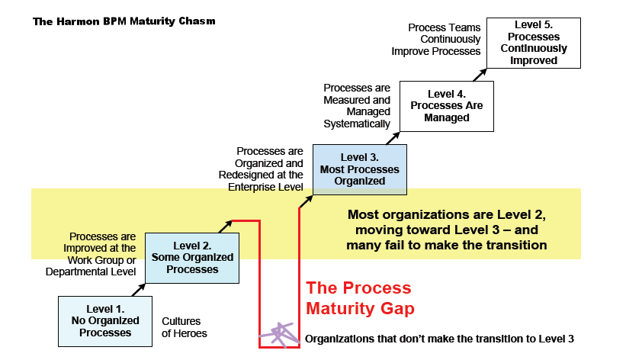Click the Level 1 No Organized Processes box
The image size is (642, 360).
point(105,322)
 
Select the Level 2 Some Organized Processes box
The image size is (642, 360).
point(192,258)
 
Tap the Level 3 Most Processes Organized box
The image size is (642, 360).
point(360,169)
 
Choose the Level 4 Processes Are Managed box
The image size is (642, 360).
point(447,107)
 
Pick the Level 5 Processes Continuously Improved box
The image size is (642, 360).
point(534,43)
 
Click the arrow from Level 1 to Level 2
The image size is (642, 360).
point(139,290)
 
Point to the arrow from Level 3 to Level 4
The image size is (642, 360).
point(393,138)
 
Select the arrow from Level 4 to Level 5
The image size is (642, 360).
point(480,75)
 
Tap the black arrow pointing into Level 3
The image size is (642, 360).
point(306,201)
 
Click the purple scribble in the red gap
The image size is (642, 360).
point(280,335)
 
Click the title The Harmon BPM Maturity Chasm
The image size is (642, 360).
point(124,21)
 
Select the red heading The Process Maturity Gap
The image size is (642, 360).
point(360,298)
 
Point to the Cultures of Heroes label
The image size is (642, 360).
point(185,327)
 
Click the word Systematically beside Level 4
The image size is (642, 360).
point(357,124)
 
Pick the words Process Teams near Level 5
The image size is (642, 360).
point(445,27)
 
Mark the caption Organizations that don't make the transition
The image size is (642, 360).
point(439,339)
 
